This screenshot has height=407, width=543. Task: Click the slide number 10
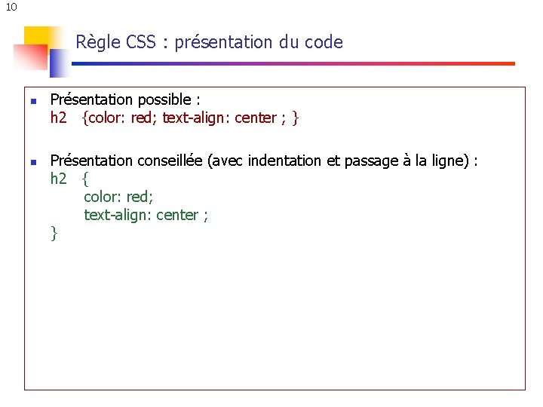coord(11,8)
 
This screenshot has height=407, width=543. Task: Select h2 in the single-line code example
coord(59,118)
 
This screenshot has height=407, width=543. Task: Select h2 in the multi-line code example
coord(59,179)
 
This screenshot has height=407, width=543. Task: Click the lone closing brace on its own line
coord(54,233)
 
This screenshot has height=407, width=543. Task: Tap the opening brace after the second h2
coord(85,179)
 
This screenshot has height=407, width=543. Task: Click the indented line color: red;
coord(118,197)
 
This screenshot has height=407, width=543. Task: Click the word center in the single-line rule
coord(256,118)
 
